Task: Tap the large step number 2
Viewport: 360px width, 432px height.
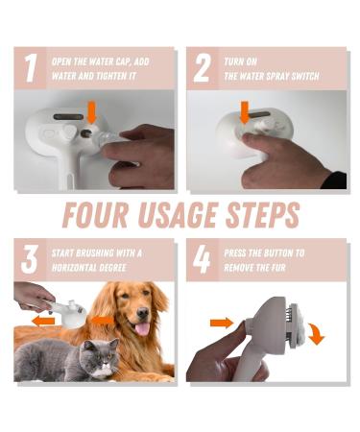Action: (202, 69)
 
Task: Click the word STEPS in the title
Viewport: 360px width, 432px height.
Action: (256, 213)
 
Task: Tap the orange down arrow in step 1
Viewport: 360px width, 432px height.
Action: (91, 110)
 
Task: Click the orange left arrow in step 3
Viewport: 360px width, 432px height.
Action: (42, 317)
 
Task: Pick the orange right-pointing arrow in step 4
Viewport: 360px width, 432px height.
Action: (219, 323)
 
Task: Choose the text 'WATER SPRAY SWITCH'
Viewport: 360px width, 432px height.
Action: (268, 76)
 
